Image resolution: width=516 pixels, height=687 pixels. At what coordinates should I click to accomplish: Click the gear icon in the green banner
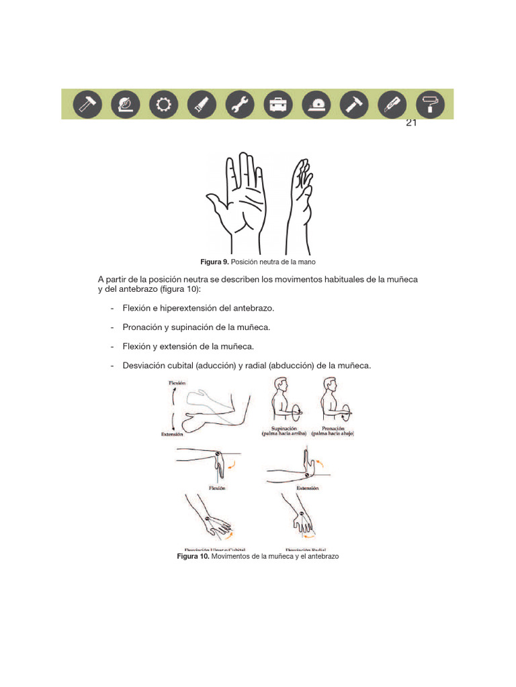tap(164, 104)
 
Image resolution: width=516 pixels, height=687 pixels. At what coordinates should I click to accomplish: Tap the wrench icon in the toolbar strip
tap(239, 104)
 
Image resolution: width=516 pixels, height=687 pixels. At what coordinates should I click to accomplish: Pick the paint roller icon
tap(429, 104)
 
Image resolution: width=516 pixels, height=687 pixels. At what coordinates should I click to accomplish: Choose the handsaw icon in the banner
tap(202, 104)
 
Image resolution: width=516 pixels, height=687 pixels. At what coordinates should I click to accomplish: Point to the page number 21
tap(412, 123)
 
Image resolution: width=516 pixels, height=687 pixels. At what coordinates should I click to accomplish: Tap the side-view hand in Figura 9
tap(300, 201)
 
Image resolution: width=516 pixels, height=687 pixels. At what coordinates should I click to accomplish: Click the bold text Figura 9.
tap(215, 261)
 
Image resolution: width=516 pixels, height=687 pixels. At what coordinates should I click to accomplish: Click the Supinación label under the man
tap(284, 427)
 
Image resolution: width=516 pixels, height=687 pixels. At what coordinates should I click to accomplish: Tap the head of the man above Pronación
tap(330, 386)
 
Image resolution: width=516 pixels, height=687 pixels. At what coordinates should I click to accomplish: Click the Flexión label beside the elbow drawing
tap(177, 383)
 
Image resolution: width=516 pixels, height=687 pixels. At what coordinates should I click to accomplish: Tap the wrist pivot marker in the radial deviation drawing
tap(302, 519)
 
